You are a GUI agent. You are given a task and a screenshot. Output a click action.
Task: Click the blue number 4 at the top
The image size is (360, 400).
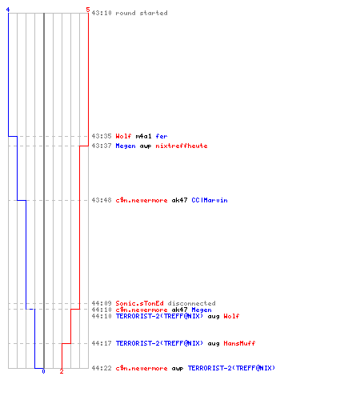[8, 10]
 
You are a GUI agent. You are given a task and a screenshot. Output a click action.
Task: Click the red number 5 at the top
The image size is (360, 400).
[88, 10]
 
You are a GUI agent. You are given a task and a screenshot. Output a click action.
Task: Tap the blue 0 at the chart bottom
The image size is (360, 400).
[43, 371]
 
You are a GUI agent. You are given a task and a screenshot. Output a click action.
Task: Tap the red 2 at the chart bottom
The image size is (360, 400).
[62, 371]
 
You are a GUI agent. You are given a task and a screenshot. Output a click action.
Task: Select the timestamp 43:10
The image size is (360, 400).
[102, 13]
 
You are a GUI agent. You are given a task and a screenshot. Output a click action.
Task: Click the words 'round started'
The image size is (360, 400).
[142, 13]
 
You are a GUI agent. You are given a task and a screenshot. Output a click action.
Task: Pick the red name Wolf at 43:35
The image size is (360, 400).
[123, 136]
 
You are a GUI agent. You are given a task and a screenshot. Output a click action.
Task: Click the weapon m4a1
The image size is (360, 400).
[143, 136]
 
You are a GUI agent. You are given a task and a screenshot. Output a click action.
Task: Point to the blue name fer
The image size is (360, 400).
[162, 136]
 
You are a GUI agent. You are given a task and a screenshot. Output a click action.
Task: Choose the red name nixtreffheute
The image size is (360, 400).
[182, 146]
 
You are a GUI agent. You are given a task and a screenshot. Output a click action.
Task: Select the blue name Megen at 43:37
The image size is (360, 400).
[126, 146]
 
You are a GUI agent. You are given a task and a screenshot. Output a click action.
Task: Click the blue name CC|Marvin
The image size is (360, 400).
[210, 200]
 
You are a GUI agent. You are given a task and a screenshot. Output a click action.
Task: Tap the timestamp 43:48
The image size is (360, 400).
[102, 200]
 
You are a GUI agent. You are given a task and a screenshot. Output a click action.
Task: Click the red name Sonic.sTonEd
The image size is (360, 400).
[139, 303]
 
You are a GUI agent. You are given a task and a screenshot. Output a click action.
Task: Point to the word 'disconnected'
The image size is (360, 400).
[191, 303]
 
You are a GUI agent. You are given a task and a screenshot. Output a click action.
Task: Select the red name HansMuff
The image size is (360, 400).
[239, 343]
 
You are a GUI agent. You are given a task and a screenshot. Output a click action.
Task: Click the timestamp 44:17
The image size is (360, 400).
[102, 343]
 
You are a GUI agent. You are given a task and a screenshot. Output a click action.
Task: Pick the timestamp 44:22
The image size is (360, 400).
[102, 368]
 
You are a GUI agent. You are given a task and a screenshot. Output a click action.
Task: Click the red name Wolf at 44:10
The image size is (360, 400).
[231, 316]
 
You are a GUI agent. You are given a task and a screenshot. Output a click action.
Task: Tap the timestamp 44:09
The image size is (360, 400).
[102, 303]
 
